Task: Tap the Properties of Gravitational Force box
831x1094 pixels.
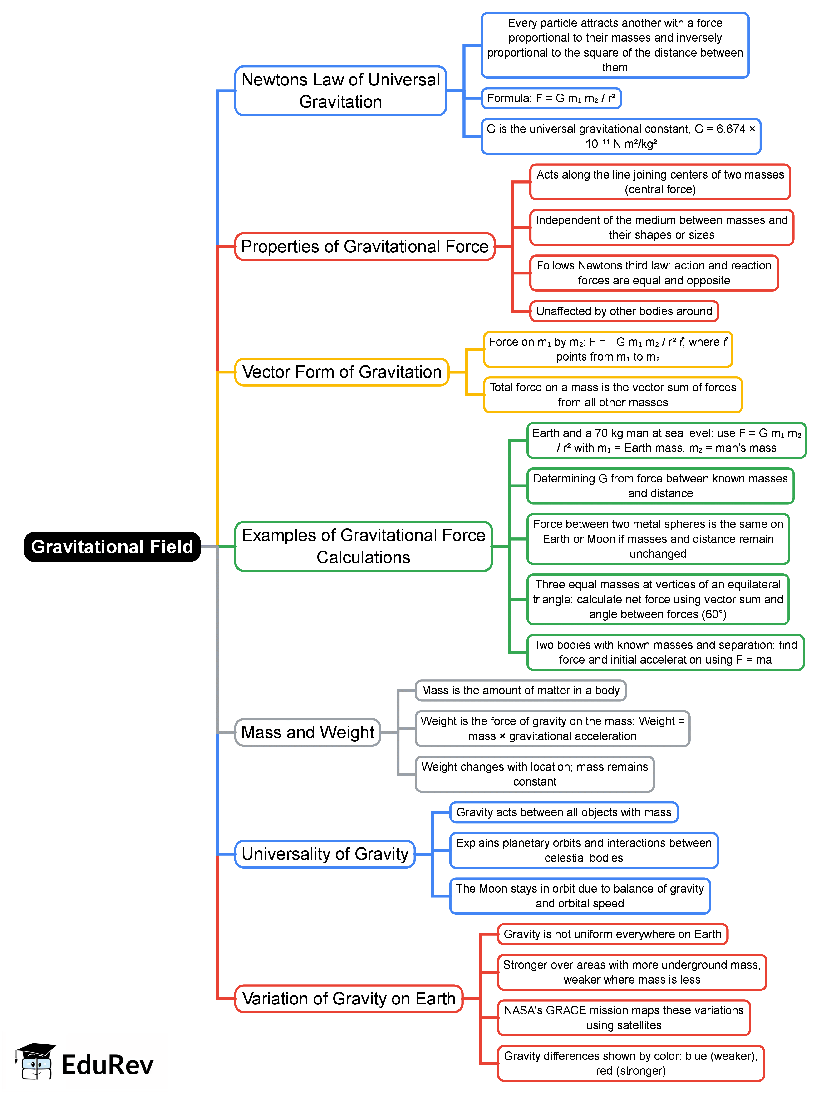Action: (x=364, y=246)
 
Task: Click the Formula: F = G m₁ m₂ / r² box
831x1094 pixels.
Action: (x=551, y=98)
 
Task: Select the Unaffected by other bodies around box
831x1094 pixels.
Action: (x=624, y=311)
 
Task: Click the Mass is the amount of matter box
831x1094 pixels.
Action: (x=520, y=690)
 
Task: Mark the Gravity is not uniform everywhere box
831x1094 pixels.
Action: (x=612, y=934)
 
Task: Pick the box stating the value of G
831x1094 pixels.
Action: (x=621, y=136)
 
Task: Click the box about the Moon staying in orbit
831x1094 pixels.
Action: (x=580, y=895)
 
